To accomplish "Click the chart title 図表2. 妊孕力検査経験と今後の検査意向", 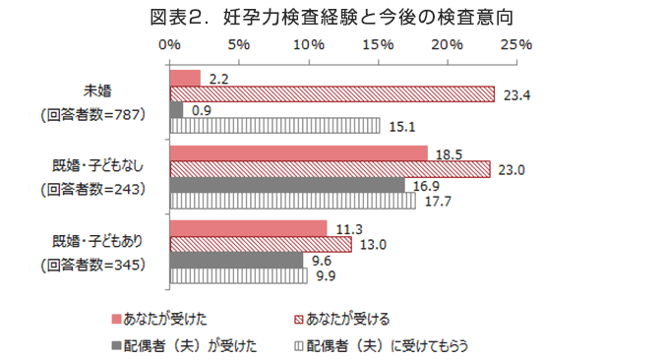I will [x=332, y=17].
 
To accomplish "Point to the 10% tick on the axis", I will [x=309, y=45].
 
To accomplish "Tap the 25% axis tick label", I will [x=516, y=45].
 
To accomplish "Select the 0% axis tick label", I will [x=170, y=45].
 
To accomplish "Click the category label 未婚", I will [x=97, y=91].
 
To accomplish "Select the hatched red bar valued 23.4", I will [x=332, y=94].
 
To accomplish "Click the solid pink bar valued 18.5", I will [x=298, y=153].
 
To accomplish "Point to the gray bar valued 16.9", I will [x=287, y=185].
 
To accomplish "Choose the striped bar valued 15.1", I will [x=274, y=125].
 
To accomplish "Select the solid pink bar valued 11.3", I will [x=248, y=228].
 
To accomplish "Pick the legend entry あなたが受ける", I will [x=346, y=319].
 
